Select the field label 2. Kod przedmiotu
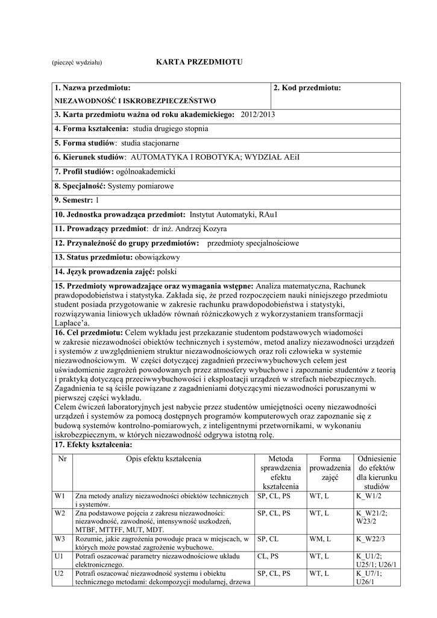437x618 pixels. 307,88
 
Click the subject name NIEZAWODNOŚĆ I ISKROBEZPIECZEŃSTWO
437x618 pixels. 136,101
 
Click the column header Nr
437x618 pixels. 62,459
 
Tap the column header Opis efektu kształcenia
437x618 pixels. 163,459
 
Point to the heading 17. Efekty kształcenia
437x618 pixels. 93,445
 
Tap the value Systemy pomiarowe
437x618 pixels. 138,186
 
